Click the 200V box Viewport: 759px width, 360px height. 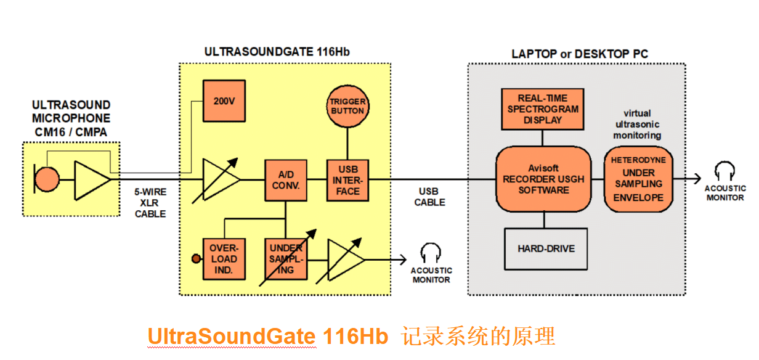pyautogui.click(x=224, y=101)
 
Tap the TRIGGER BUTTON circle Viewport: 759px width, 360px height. pyautogui.click(x=347, y=106)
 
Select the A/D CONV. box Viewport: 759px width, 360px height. pyautogui.click(x=286, y=180)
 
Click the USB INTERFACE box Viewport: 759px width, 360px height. pyautogui.click(x=347, y=180)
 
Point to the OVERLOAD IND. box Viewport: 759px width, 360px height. pyautogui.click(x=224, y=259)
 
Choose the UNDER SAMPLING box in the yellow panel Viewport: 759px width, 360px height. pyautogui.click(x=286, y=259)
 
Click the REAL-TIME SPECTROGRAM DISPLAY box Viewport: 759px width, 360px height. pyautogui.click(x=543, y=108)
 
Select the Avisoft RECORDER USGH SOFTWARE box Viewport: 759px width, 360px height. pyautogui.click(x=543, y=179)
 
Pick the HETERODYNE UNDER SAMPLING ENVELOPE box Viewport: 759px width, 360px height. pyautogui.click(x=638, y=179)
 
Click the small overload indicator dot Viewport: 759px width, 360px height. pyautogui.click(x=197, y=259)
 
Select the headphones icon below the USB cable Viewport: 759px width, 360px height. pyautogui.click(x=431, y=253)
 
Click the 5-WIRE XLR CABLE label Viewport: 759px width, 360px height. pyautogui.click(x=150, y=203)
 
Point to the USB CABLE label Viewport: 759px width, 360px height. pyautogui.click(x=429, y=197)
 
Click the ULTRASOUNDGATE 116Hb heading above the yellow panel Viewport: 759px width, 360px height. pyautogui.click(x=277, y=52)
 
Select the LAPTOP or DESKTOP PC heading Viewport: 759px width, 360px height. pyautogui.click(x=580, y=54)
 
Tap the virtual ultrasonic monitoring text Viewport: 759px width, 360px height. pyautogui.click(x=638, y=124)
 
